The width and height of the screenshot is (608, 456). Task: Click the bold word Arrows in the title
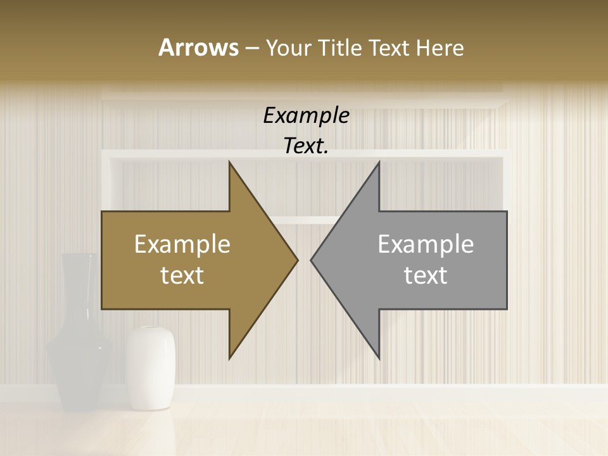(x=198, y=47)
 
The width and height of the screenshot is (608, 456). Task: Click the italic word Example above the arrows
(x=306, y=116)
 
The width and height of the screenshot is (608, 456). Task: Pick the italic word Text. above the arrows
(x=306, y=146)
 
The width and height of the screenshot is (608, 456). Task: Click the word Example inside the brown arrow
(x=182, y=244)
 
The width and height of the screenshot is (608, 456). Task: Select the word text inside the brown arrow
(x=182, y=275)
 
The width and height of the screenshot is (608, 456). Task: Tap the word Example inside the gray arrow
(x=426, y=244)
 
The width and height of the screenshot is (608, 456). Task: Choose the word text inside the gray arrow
(x=426, y=275)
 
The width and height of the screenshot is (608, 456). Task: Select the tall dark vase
(x=80, y=342)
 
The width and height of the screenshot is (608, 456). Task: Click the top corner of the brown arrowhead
(x=230, y=164)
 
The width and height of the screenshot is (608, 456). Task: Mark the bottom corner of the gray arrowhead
(x=379, y=357)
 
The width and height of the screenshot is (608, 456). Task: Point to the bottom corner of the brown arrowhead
(x=230, y=357)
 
